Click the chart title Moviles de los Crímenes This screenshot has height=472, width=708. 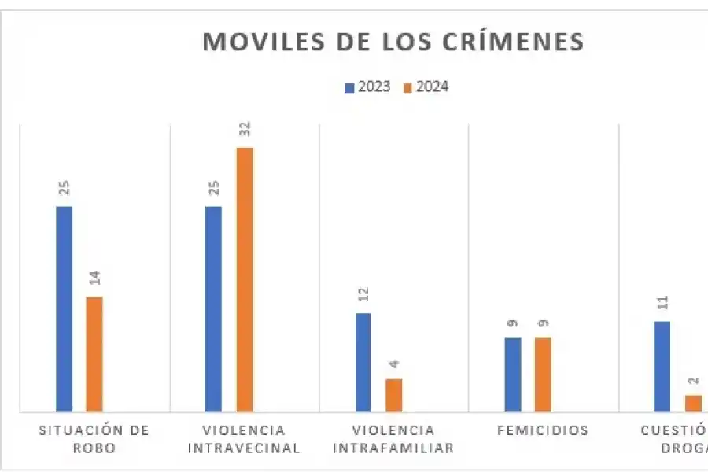click(393, 41)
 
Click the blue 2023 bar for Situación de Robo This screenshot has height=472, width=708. click(64, 308)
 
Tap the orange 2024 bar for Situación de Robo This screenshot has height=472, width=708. click(94, 353)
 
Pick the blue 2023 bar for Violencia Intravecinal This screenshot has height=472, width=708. click(213, 308)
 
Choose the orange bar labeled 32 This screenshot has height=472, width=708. click(245, 279)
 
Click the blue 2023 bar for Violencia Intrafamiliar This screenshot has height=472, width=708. click(363, 362)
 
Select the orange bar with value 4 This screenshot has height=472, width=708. click(393, 395)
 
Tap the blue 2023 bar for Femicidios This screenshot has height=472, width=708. click(513, 374)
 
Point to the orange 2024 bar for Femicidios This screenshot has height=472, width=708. click(543, 374)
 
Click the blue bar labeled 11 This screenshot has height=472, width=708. click(662, 366)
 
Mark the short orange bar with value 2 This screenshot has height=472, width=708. click(692, 403)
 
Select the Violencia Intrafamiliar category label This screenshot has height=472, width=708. click(393, 439)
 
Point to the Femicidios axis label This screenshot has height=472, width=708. click(543, 430)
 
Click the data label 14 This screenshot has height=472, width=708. click(94, 278)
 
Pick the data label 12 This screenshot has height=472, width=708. click(363, 294)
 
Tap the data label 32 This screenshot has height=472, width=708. click(245, 129)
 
